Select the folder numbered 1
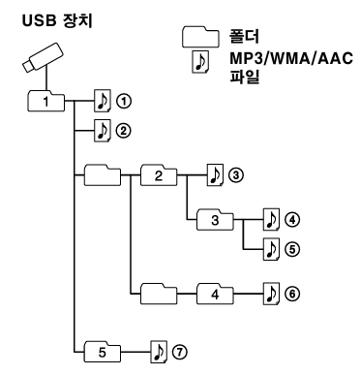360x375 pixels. (x=46, y=99)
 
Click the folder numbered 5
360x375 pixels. (x=103, y=347)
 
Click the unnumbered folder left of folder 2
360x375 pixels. (x=102, y=174)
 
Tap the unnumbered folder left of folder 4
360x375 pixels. (x=159, y=291)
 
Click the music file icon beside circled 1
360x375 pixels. (x=102, y=99)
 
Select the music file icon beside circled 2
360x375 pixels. (x=102, y=128)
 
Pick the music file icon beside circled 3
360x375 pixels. (x=216, y=174)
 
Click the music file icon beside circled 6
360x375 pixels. (x=272, y=291)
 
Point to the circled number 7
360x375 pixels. (x=180, y=347)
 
